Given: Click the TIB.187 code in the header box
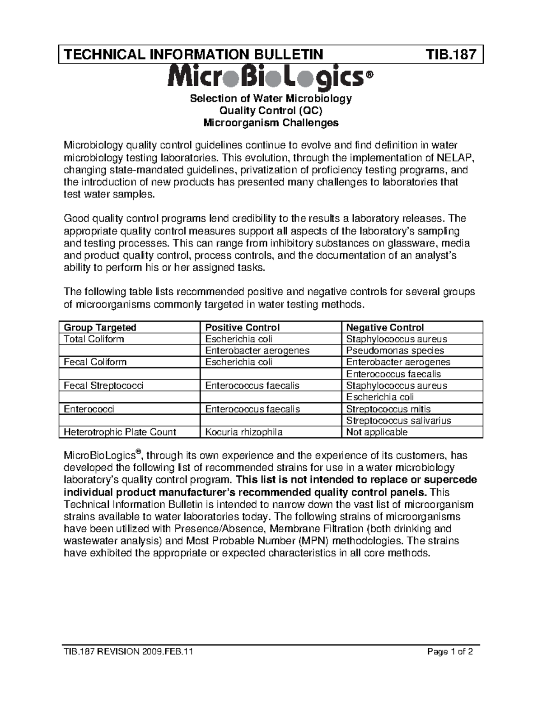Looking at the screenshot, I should (451, 55).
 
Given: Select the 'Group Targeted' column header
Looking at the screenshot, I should (100, 327).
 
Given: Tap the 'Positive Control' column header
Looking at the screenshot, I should (243, 327).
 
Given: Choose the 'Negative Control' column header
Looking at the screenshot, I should (385, 327).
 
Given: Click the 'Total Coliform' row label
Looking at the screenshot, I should (94, 339).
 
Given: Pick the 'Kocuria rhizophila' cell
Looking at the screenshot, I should (244, 432).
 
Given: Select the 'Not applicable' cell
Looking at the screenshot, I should (377, 432).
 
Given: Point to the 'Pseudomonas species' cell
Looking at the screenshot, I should (395, 351).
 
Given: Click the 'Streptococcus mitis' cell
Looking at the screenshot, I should (388, 409).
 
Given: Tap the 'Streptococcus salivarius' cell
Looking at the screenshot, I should (398, 421).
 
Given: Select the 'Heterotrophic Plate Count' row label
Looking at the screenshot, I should (120, 432).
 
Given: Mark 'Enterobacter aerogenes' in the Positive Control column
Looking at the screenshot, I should (257, 351).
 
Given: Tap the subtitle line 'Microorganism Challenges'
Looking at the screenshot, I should (271, 123).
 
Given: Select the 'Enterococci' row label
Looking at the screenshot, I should (89, 409).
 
